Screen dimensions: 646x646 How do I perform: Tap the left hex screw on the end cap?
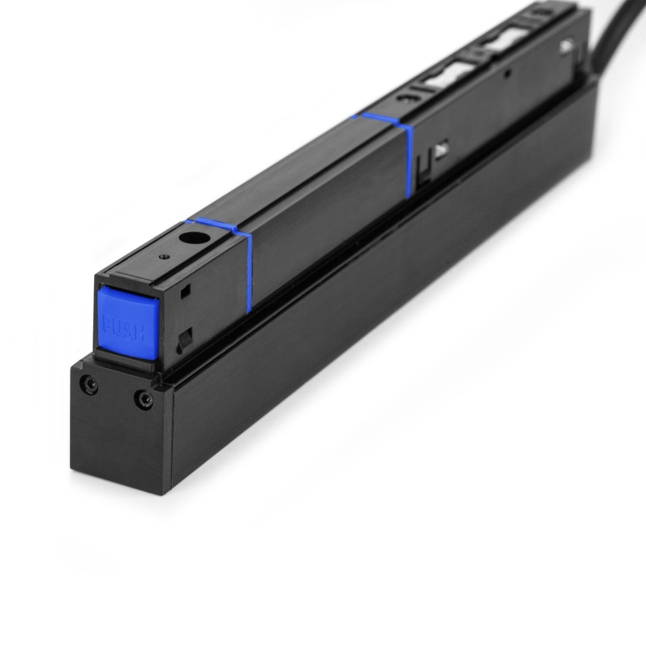coord(88,384)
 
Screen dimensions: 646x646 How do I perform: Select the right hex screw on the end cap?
coord(143,399)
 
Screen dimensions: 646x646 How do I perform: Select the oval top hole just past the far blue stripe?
coord(404,97)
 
